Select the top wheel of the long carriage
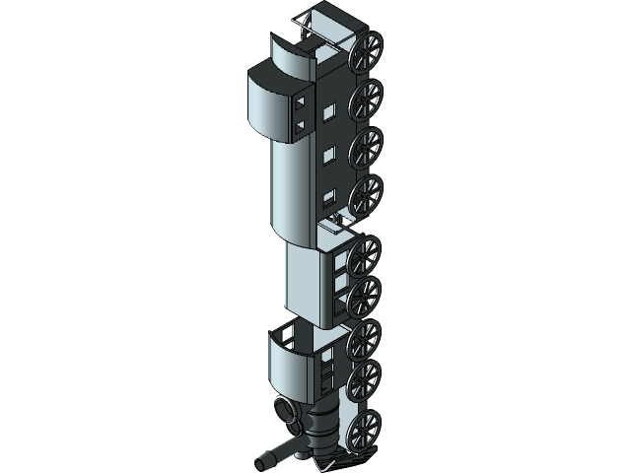tap(366, 98)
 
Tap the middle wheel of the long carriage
tap(366, 147)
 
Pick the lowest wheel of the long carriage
tap(366, 195)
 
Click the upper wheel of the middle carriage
tap(364, 254)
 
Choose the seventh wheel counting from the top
tap(364, 337)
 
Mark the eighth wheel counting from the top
tap(364, 379)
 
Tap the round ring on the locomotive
tap(285, 411)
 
